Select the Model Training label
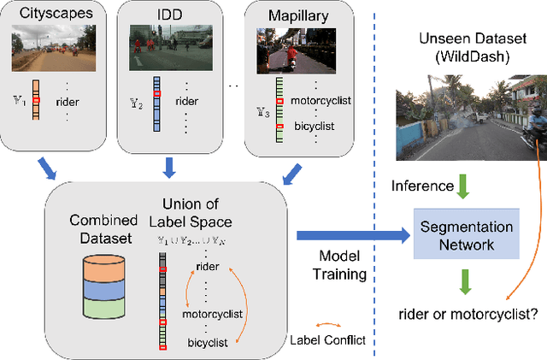click(342, 267)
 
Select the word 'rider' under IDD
click(191, 99)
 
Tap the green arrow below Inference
click(462, 187)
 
